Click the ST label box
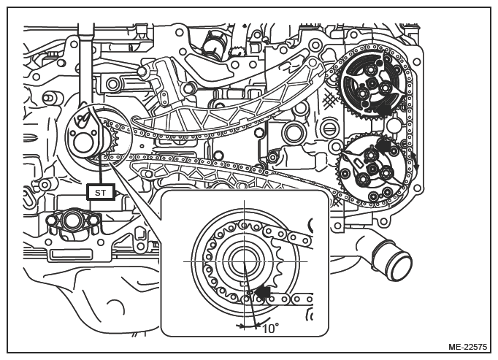tap(101, 192)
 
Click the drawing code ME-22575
tap(467, 347)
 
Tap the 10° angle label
tap(271, 328)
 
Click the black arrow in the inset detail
tap(263, 292)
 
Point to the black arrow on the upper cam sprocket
tap(383, 109)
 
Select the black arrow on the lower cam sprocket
tap(383, 145)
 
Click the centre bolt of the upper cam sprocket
tap(371, 83)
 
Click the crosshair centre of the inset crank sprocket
tap(244, 261)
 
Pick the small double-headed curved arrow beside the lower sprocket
tap(415, 161)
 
